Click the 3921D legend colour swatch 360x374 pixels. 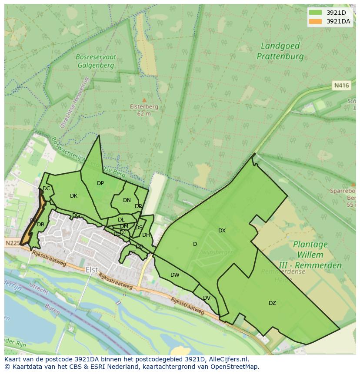click(x=315, y=13)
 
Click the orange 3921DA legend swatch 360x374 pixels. click(x=315, y=21)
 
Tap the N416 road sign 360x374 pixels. click(x=341, y=86)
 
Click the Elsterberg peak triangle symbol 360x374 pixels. click(x=144, y=100)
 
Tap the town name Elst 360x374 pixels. click(x=92, y=270)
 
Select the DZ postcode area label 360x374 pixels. click(x=272, y=303)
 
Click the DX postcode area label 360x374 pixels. click(x=222, y=231)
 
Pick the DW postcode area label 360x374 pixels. click(x=175, y=275)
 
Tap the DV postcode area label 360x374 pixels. click(x=207, y=298)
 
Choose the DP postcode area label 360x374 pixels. click(x=100, y=183)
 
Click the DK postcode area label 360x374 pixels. click(x=73, y=196)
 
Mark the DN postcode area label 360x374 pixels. click(x=127, y=200)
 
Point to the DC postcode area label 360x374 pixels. click(x=46, y=189)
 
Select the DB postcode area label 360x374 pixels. click(x=40, y=225)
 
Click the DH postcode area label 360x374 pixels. click(x=146, y=235)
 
